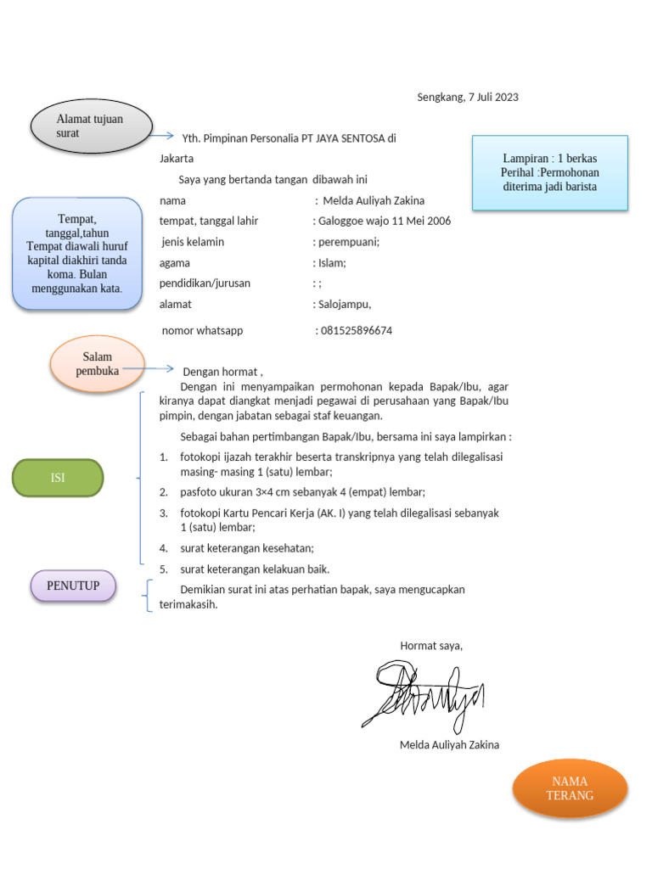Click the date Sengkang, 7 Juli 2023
pyautogui.click(x=467, y=97)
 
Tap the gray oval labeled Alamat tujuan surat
pyautogui.click(x=91, y=126)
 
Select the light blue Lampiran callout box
pyautogui.click(x=549, y=172)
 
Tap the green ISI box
pyautogui.click(x=57, y=478)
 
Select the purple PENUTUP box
pyautogui.click(x=73, y=586)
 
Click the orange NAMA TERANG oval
pyautogui.click(x=569, y=788)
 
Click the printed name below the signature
pyautogui.click(x=449, y=745)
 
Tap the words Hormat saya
pyautogui.click(x=431, y=646)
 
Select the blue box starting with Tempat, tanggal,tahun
pyautogui.click(x=77, y=253)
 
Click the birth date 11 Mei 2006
pyautogui.click(x=417, y=221)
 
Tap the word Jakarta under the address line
pyautogui.click(x=177, y=159)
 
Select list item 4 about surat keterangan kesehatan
pyautogui.click(x=247, y=548)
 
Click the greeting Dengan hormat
pyautogui.click(x=222, y=371)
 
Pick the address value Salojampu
pyautogui.click(x=344, y=305)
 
